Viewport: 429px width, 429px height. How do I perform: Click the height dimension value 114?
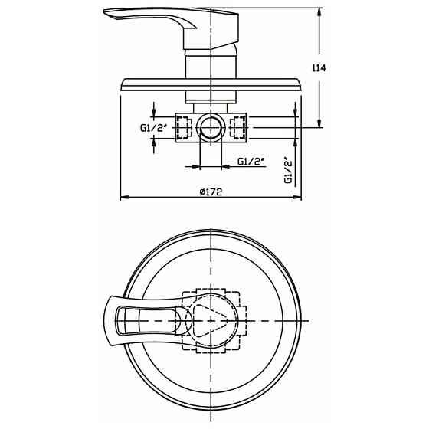[x=319, y=68]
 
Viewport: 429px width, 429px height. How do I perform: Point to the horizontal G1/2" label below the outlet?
[x=251, y=162]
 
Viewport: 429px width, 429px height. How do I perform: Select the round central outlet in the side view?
[x=211, y=127]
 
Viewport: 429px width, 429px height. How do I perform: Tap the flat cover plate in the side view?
[x=211, y=86]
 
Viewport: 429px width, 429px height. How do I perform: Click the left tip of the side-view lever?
[x=106, y=13]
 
